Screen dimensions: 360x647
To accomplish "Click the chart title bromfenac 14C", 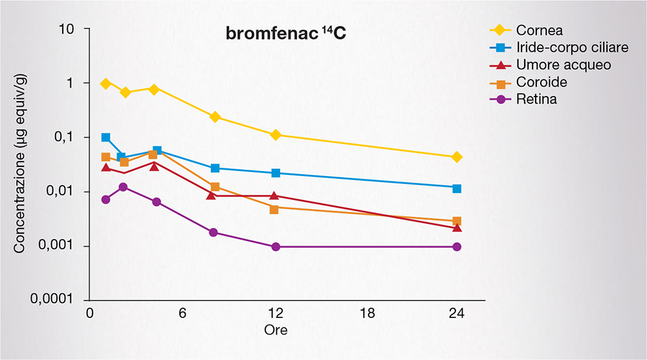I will (x=285, y=34).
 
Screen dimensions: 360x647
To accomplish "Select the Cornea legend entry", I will (x=540, y=30).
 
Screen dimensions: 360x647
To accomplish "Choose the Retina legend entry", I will (x=537, y=100).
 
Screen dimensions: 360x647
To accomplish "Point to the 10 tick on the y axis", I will (x=65, y=29).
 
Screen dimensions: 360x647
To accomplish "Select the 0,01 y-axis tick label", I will (x=60, y=192).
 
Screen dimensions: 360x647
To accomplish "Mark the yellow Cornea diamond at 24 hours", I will (x=457, y=157).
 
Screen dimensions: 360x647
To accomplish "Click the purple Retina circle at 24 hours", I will (x=457, y=247).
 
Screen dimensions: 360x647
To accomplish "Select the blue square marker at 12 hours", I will (x=276, y=173).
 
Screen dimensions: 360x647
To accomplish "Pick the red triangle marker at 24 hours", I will (x=457, y=227).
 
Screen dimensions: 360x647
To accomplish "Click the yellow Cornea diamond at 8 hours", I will (x=215, y=117).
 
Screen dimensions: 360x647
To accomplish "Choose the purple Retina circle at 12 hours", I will (x=276, y=247).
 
